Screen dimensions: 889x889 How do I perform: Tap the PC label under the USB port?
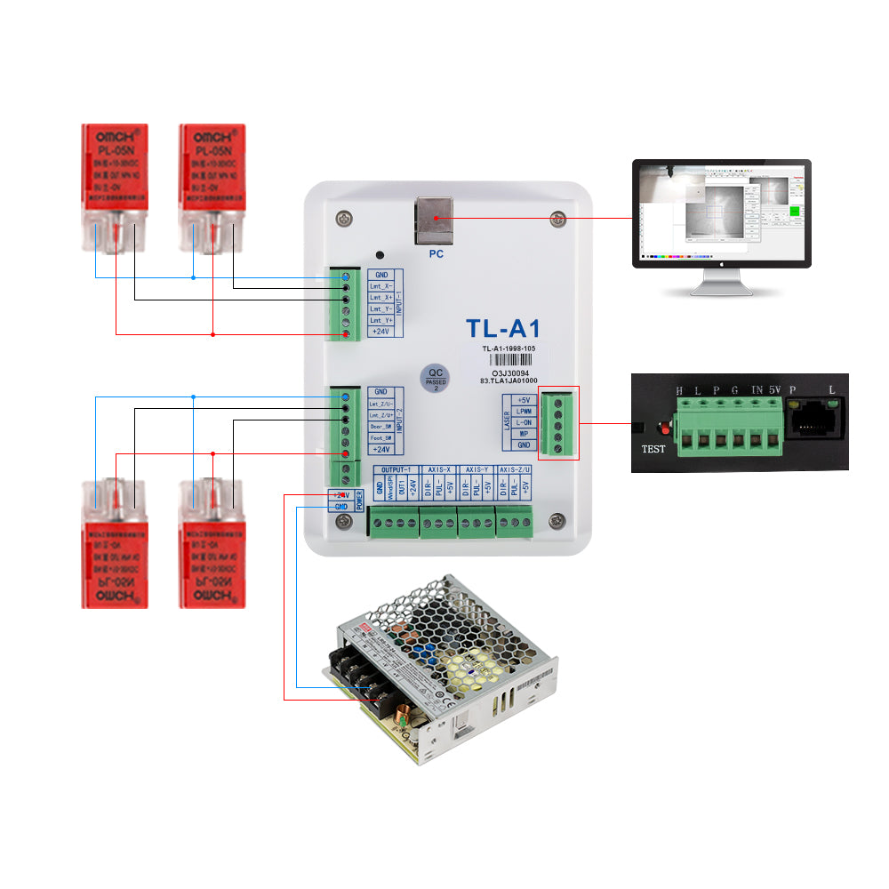[436, 253]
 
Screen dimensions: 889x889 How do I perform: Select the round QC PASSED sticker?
[436, 379]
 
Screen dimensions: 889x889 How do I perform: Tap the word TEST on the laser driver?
[653, 449]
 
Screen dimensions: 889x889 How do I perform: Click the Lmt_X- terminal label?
[380, 286]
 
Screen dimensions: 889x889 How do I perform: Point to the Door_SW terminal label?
[380, 427]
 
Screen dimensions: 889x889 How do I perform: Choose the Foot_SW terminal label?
[380, 438]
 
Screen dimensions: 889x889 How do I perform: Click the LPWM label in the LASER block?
[525, 412]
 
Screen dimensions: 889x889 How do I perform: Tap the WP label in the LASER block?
[525, 434]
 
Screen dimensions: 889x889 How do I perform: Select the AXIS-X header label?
[437, 469]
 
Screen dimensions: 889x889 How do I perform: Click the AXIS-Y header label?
[477, 469]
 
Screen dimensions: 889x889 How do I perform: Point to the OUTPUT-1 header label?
[396, 469]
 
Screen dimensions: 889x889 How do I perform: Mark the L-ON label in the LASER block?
[525, 423]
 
